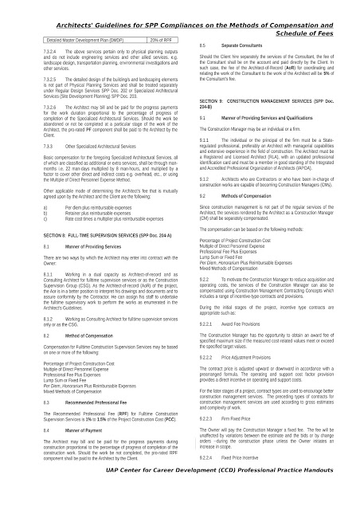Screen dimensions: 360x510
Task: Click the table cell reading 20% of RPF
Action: click(x=158, y=39)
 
